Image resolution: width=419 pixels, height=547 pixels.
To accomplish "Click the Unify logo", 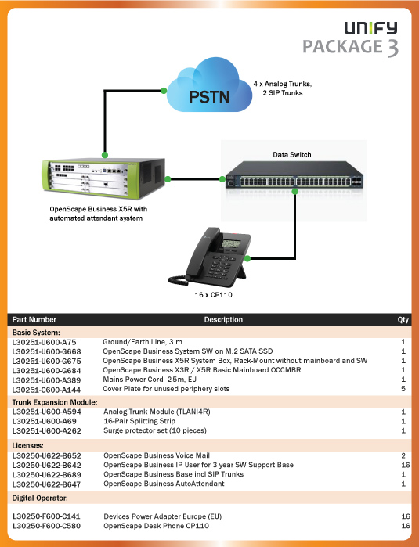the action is (x=370, y=28).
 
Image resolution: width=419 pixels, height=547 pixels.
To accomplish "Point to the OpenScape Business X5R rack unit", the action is (x=103, y=178).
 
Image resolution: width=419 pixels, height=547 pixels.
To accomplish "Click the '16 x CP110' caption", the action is (x=213, y=295).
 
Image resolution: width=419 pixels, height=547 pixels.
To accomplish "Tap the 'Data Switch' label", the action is (x=292, y=154).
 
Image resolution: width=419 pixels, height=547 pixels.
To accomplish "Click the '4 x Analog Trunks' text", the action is (x=283, y=84).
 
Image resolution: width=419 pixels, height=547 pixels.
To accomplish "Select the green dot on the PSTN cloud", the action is (x=164, y=91).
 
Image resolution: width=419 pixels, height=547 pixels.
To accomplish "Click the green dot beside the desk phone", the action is (x=247, y=258).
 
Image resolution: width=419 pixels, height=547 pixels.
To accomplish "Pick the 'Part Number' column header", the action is (x=34, y=319).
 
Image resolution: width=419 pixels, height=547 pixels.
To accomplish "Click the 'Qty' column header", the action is (x=403, y=319).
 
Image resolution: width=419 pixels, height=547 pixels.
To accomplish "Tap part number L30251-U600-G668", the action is (x=46, y=351).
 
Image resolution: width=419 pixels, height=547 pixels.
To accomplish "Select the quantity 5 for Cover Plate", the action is (x=403, y=389).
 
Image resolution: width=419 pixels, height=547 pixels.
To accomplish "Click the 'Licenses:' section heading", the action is (x=28, y=445).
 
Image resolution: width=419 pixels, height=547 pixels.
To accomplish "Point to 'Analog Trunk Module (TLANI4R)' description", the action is (x=157, y=412).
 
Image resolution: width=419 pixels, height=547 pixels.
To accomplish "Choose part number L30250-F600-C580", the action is (x=46, y=526).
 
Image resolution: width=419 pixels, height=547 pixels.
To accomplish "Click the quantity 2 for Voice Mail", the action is (x=403, y=455).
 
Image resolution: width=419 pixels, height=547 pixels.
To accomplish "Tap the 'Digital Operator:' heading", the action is (x=40, y=498).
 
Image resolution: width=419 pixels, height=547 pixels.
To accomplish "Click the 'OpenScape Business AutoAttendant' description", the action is (x=164, y=484).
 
